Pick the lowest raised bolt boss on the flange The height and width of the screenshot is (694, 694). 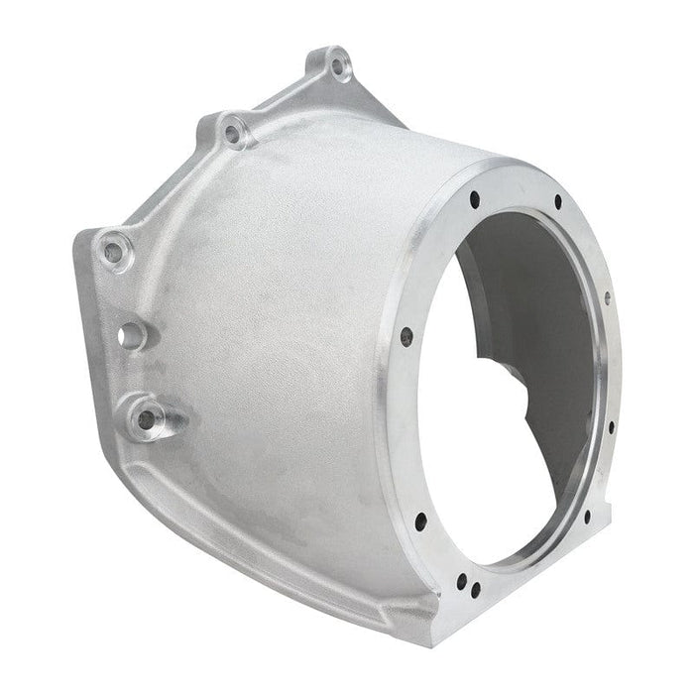point(147,419)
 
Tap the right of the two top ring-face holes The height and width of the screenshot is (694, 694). point(557,202)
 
